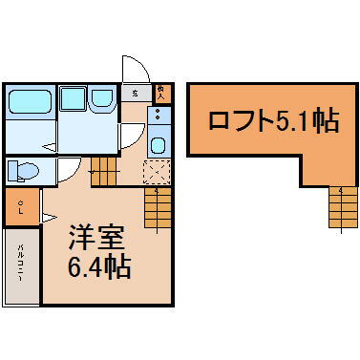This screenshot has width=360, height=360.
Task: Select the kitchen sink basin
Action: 159,147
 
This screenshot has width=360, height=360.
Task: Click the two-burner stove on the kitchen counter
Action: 159,117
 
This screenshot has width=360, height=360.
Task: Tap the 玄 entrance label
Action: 136,93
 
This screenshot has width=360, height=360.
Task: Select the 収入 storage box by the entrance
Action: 161,93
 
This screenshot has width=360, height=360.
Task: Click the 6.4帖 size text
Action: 99,266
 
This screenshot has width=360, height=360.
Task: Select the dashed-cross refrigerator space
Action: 156,172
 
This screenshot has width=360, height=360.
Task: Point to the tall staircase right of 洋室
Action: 156,207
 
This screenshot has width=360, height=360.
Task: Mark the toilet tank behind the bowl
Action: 11,171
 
